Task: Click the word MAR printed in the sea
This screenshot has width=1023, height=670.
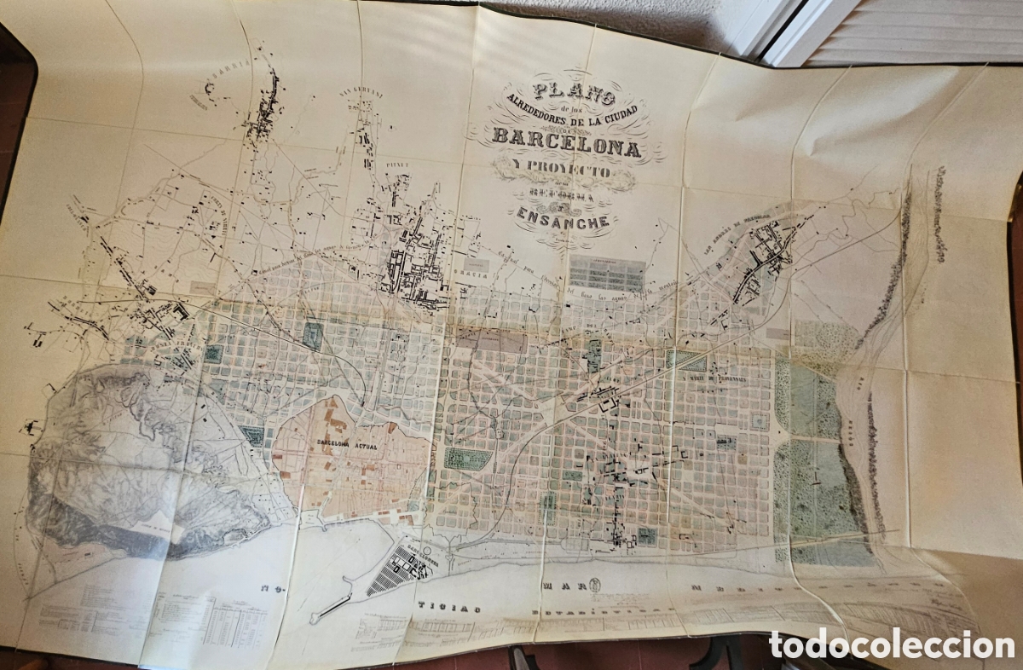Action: click(559, 587)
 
